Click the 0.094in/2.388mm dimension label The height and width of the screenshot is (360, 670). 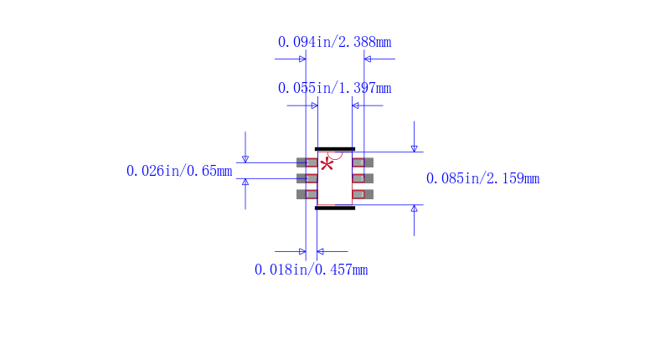click(x=334, y=42)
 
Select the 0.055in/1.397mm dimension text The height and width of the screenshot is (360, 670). click(x=334, y=88)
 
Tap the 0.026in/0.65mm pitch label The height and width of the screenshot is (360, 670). click(x=179, y=171)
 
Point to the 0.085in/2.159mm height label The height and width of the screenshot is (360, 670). click(x=483, y=178)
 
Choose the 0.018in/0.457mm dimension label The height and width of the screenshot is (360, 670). click(x=311, y=270)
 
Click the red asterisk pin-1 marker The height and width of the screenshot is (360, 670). click(x=327, y=164)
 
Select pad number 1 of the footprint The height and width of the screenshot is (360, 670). click(x=307, y=162)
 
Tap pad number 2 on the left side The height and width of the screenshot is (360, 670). click(x=307, y=178)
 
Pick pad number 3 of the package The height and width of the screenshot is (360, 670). click(x=307, y=194)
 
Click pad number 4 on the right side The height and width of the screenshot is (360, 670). click(x=363, y=194)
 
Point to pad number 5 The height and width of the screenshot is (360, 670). click(x=363, y=178)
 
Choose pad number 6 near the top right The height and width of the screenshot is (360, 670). click(x=363, y=162)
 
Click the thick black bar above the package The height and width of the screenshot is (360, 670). click(x=335, y=149)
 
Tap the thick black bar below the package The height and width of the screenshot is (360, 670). click(x=335, y=208)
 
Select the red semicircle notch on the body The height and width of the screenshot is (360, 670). click(x=335, y=156)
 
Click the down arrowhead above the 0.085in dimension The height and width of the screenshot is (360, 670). click(x=414, y=149)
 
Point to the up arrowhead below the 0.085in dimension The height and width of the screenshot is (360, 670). click(x=414, y=208)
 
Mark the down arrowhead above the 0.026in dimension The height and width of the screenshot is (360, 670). click(x=245, y=159)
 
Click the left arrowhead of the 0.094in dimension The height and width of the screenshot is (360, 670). click(x=302, y=59)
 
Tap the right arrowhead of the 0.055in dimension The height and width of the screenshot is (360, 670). click(x=355, y=105)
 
